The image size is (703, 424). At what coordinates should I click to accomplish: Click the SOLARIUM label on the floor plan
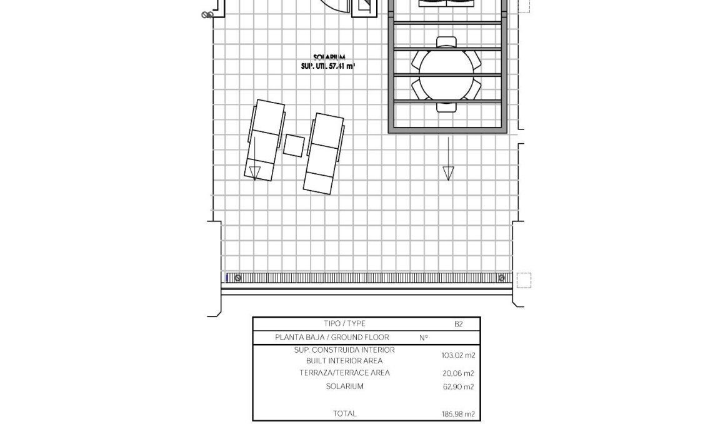pos(329,57)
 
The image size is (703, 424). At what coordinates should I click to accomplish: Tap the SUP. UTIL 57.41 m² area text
pos(328,65)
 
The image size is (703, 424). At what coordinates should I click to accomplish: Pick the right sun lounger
pos(323,152)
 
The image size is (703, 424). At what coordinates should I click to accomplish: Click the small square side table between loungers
pos(294,145)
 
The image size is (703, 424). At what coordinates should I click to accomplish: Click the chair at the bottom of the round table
pos(446,106)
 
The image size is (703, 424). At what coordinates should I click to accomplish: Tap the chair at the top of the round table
pos(446,42)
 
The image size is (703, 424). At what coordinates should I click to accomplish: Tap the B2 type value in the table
pos(458,324)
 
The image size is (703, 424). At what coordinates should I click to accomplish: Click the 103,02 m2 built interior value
pos(458,355)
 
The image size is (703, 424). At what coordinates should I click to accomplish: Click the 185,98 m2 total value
pos(459,413)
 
